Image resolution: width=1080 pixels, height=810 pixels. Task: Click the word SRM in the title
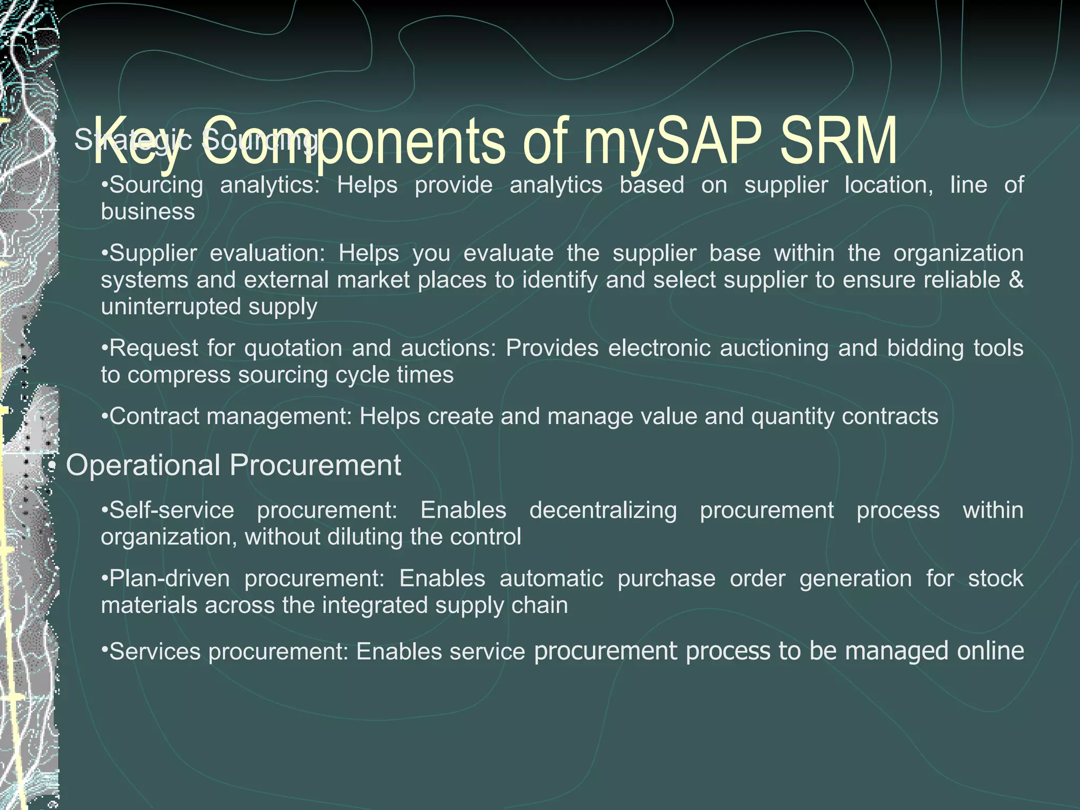tap(838, 141)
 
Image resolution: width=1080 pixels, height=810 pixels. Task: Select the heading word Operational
tap(143, 465)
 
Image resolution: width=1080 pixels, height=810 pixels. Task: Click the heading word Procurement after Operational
tap(315, 465)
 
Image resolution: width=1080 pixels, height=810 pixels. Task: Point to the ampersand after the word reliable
tap(1016, 279)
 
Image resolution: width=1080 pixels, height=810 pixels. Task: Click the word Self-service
tap(168, 510)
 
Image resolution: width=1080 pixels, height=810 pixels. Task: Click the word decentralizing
tap(603, 510)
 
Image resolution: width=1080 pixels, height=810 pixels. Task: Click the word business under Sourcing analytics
tap(148, 212)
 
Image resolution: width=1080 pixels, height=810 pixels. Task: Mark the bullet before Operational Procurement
tap(52, 466)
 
